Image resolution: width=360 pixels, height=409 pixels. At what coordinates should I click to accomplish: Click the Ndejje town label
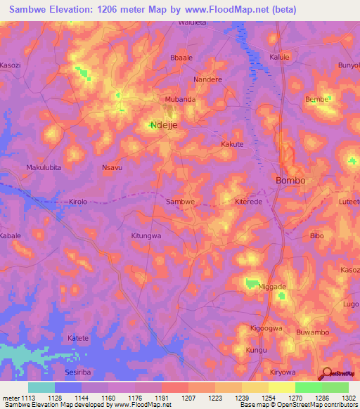click(164, 126)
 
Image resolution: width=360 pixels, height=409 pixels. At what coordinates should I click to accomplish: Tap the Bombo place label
click(290, 181)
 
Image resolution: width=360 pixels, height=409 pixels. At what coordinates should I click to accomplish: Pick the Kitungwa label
click(146, 236)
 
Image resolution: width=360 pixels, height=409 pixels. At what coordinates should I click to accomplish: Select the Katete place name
click(78, 338)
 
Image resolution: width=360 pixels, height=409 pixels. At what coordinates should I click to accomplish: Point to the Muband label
click(180, 100)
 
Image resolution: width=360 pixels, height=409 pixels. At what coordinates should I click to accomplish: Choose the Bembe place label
click(316, 100)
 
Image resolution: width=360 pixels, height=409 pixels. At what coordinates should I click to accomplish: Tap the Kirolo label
click(78, 202)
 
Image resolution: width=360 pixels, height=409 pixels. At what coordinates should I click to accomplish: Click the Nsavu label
click(112, 168)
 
